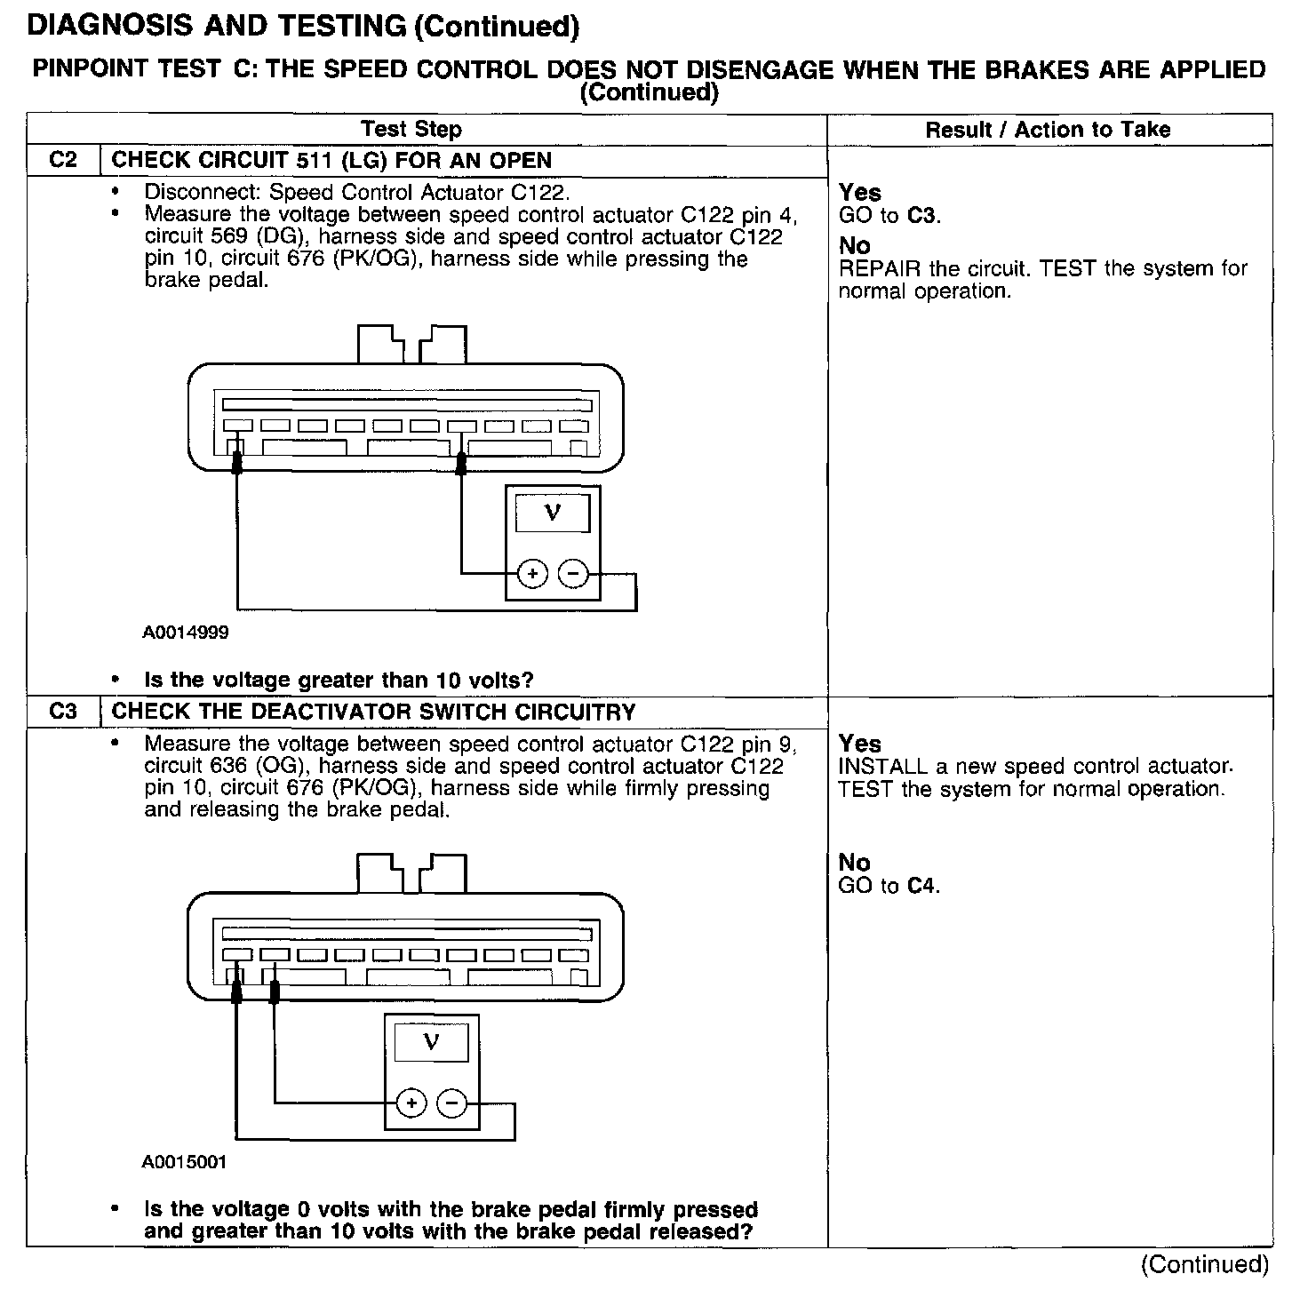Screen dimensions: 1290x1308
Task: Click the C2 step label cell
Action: point(63,161)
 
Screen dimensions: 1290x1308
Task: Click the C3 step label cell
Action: point(63,712)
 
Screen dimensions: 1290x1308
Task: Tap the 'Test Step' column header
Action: point(411,130)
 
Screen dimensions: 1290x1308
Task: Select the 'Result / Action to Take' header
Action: point(1048,130)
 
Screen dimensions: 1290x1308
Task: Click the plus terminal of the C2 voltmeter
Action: point(532,575)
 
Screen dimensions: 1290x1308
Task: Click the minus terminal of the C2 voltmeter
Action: point(573,575)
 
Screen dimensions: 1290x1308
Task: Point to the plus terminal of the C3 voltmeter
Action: point(411,1104)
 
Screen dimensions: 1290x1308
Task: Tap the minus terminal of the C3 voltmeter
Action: point(452,1104)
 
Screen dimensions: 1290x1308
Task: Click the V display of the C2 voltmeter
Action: point(552,513)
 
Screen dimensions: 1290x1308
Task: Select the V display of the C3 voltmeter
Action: point(431,1041)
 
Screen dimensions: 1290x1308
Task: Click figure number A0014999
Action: point(185,633)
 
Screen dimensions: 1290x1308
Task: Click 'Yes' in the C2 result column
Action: point(859,193)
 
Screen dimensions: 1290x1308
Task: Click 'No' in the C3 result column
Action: point(854,863)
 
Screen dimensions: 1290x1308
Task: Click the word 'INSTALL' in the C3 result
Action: point(882,767)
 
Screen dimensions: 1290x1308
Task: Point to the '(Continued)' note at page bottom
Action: point(1204,1264)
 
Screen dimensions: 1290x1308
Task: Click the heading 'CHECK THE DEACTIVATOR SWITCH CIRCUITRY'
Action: point(373,713)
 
